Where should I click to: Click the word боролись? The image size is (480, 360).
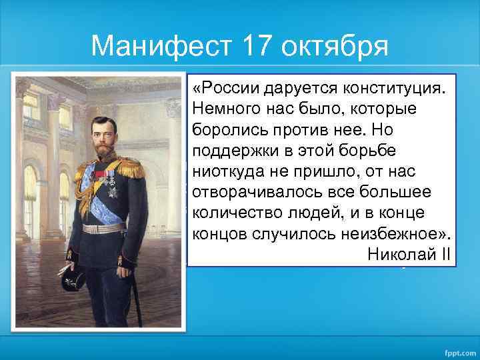(x=223, y=129)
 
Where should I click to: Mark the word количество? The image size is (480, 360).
(x=229, y=214)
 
